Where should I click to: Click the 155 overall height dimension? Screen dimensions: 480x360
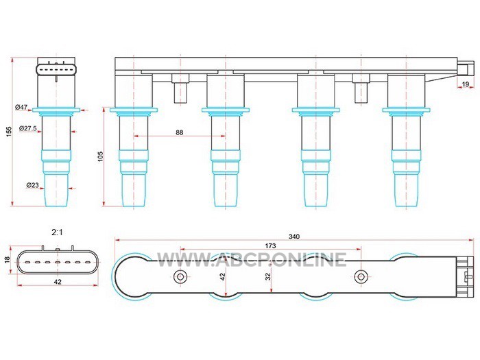9,132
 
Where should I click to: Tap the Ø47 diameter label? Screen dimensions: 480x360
21,107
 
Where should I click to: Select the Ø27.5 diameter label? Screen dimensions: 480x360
27,129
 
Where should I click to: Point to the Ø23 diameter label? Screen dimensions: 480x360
32,185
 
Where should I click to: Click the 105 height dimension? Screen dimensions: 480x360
101,156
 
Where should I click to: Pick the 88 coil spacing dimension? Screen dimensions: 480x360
180,132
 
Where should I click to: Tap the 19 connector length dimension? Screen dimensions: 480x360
466,84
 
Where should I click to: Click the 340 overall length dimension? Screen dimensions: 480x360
294,237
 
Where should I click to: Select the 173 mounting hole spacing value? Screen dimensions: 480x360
270,245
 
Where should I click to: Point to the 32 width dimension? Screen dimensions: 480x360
269,276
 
